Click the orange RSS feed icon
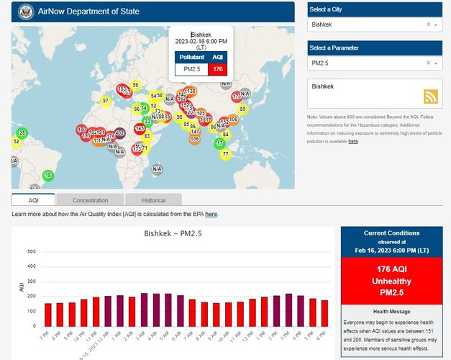(431, 96)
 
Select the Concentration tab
(90, 200)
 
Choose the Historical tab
(153, 200)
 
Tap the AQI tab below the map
(33, 200)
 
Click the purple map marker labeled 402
(119, 133)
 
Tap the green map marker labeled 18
(48, 175)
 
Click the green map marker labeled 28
(22, 133)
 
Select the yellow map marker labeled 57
(106, 101)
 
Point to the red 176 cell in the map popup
(218, 69)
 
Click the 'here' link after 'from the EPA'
(211, 214)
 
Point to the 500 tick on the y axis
(31, 251)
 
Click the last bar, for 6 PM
(324, 312)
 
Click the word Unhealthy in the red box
(393, 280)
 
